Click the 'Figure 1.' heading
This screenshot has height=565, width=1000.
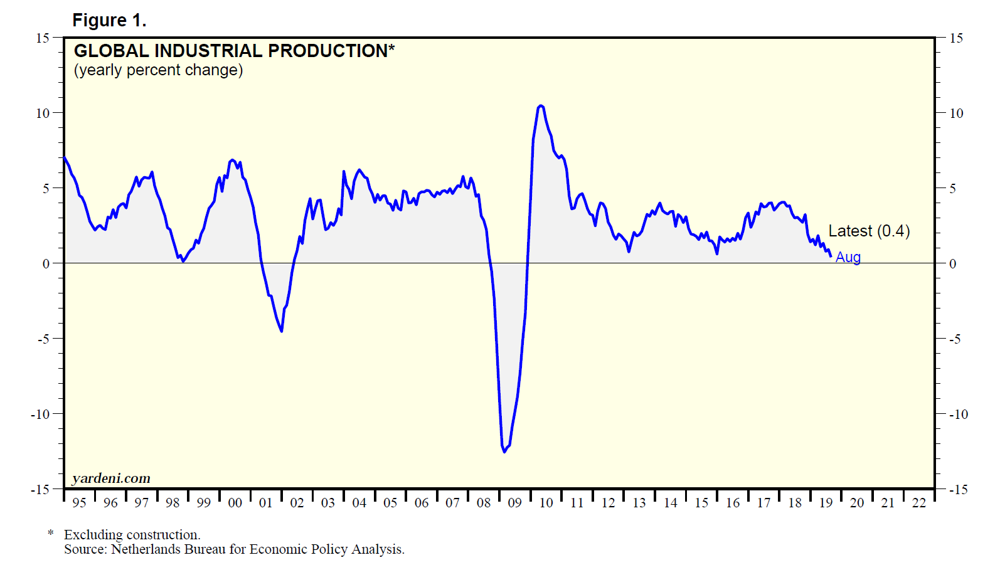tap(109, 21)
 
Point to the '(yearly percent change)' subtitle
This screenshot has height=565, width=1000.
tap(158, 70)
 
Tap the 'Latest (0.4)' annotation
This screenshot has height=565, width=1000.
tap(869, 231)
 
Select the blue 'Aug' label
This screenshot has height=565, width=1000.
tap(848, 257)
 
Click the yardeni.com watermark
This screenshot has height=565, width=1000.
tap(111, 478)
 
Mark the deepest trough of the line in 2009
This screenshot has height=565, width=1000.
tap(504, 451)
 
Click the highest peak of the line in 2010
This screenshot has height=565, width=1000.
tap(541, 106)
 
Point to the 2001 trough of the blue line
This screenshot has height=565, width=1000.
tap(281, 330)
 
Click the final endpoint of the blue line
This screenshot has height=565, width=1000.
tap(831, 256)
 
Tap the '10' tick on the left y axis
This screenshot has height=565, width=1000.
tap(42, 114)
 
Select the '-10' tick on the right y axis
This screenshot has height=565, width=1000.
tap(958, 415)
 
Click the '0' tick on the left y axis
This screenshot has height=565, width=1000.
tap(46, 264)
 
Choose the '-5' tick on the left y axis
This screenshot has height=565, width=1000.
tap(43, 339)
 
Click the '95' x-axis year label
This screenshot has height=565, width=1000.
tap(79, 503)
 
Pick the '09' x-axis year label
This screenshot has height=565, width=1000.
tap(514, 503)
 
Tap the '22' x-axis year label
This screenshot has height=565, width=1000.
tap(918, 503)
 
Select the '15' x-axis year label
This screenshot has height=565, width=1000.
tap(701, 503)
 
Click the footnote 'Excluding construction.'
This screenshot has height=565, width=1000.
tap(132, 535)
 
